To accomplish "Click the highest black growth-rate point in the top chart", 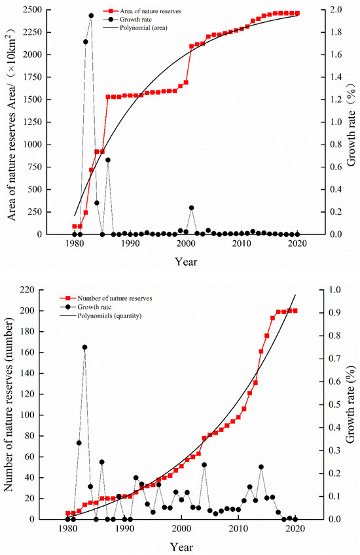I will [x=91, y=16].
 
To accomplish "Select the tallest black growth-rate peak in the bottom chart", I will [x=84, y=348].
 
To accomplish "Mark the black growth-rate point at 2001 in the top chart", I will [x=192, y=207].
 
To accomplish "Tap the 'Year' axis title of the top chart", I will [x=185, y=260].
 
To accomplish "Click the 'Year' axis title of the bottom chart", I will [x=182, y=545].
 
